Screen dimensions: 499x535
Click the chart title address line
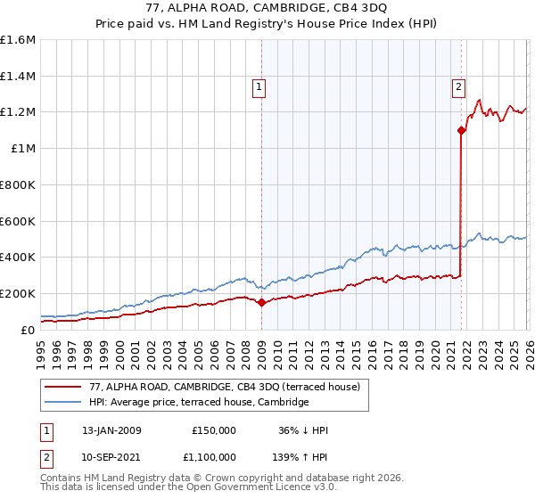pyautogui.click(x=267, y=7)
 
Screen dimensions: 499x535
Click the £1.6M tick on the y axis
pyautogui.click(x=18, y=40)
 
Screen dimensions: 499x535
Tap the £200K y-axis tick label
pyautogui.click(x=18, y=293)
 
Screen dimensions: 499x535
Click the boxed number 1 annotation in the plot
pyautogui.click(x=259, y=87)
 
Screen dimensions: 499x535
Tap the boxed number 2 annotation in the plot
pyautogui.click(x=458, y=87)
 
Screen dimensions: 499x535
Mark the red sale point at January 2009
pyautogui.click(x=261, y=303)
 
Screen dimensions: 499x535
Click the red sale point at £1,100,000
pyautogui.click(x=461, y=131)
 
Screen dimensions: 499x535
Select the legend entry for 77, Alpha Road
pyautogui.click(x=224, y=387)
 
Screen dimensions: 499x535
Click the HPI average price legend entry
pyautogui.click(x=198, y=403)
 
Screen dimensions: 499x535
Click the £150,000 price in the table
pyautogui.click(x=214, y=430)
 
